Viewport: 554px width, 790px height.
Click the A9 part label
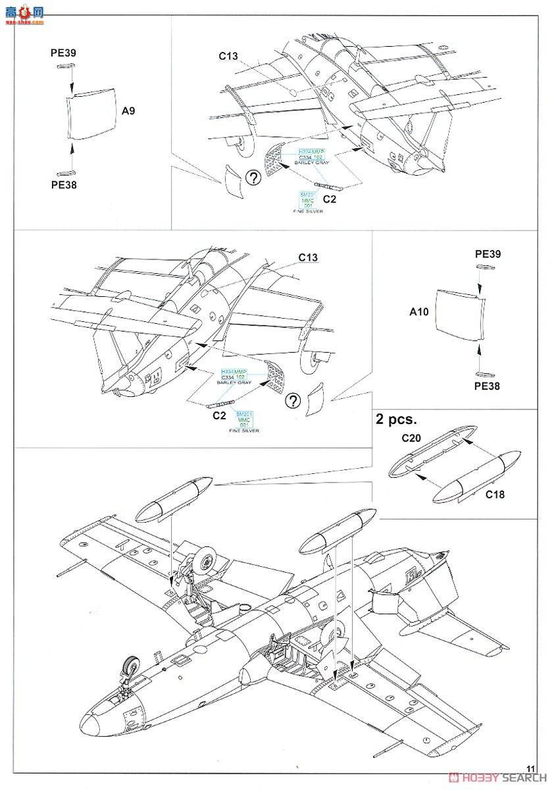pyautogui.click(x=128, y=111)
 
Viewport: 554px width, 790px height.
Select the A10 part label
pyautogui.click(x=418, y=312)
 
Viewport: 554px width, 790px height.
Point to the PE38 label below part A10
pyautogui.click(x=486, y=386)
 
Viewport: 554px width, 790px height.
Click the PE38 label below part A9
pyautogui.click(x=64, y=185)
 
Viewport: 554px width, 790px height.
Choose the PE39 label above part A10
pyautogui.click(x=486, y=254)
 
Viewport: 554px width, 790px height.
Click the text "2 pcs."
pyautogui.click(x=397, y=419)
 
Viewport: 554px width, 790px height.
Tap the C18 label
pyautogui.click(x=494, y=494)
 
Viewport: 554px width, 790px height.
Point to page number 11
pyautogui.click(x=532, y=768)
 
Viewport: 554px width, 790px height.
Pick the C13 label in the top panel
pyautogui.click(x=228, y=56)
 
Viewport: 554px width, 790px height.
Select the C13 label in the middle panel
pyautogui.click(x=309, y=257)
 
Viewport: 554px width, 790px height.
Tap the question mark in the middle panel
pyautogui.click(x=294, y=400)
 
